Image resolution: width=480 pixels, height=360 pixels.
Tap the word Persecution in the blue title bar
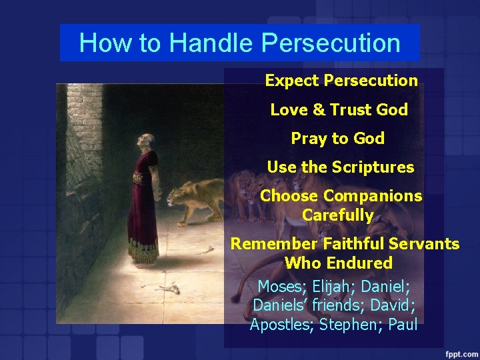tap(331, 43)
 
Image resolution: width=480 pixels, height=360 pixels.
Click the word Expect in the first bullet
tap(291, 81)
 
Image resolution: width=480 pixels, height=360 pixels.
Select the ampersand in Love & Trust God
tap(316, 110)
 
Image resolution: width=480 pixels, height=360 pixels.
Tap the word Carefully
tap(337, 215)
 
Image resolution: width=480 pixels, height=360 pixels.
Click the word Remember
tap(274, 244)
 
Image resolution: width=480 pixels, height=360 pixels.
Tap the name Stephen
tap(345, 325)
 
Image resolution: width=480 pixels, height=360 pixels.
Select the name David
tap(393, 305)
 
